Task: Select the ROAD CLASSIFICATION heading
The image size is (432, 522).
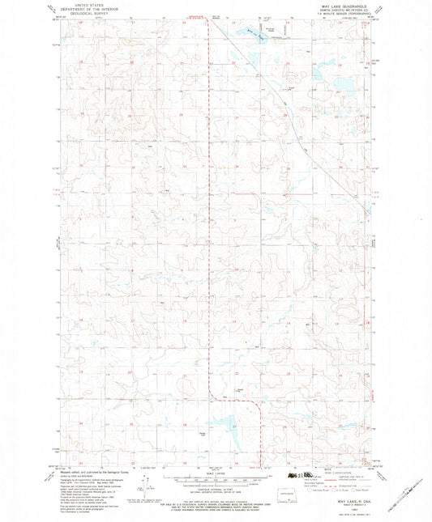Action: (x=333, y=473)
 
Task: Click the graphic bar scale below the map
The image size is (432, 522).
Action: (x=216, y=478)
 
